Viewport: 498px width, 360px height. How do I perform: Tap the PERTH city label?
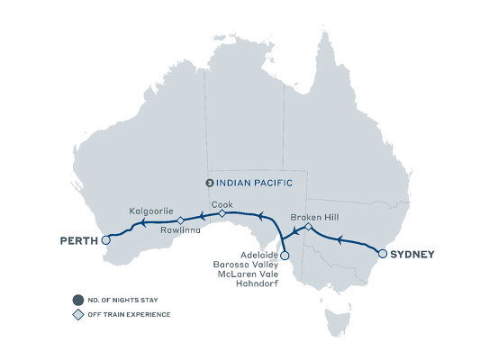79,240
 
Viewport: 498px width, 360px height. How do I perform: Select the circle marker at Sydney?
382,254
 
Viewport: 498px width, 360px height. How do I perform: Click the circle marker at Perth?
106,240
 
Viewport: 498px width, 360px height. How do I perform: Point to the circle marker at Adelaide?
285,256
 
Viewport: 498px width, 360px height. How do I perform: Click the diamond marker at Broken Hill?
307,227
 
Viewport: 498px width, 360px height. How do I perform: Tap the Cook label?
222,204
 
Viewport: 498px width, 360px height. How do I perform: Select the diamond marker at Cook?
222,213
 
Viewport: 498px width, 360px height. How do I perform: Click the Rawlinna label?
179,229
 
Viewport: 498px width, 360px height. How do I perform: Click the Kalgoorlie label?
150,210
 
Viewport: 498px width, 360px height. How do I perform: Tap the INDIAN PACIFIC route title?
256,182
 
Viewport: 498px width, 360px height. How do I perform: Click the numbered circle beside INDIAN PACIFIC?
210,182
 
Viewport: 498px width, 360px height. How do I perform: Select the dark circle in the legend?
80,300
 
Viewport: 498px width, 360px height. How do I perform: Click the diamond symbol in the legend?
80,314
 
